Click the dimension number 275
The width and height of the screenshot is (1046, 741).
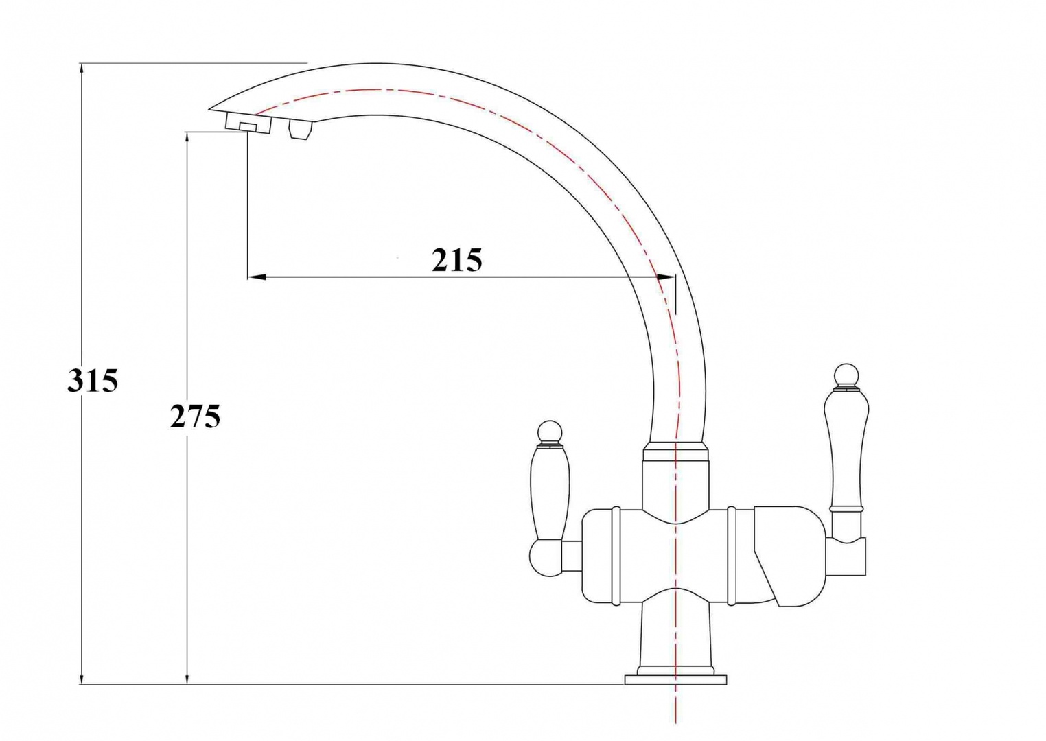[x=195, y=416]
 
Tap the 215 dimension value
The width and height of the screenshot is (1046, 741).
[x=456, y=260]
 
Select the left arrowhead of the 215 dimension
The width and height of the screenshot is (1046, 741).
[x=257, y=277]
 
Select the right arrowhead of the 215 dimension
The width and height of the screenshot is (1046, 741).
[x=666, y=277]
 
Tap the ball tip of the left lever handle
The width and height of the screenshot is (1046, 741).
[x=549, y=432]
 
